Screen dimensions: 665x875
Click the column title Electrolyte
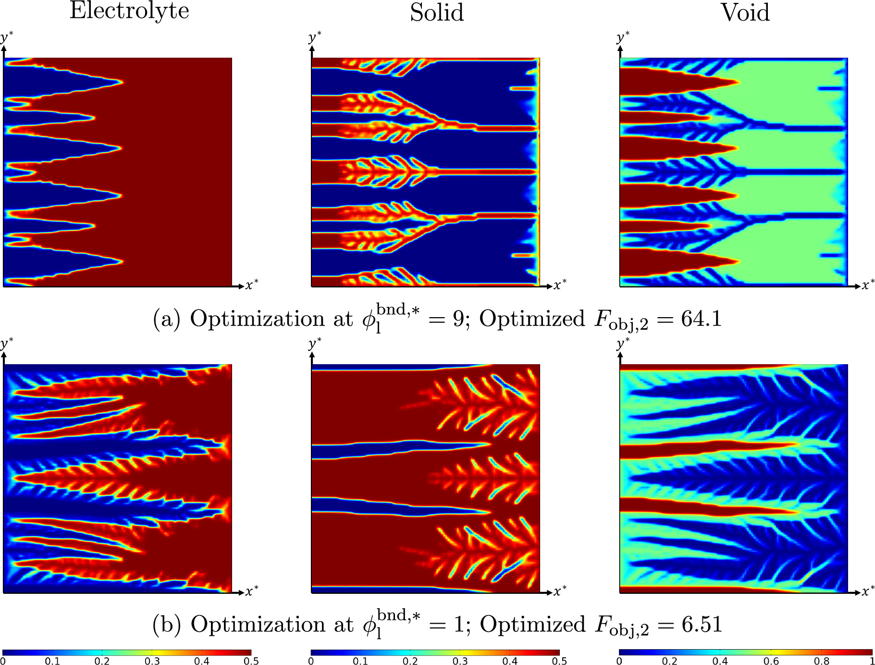click(x=129, y=11)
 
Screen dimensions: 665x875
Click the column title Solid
click(x=437, y=12)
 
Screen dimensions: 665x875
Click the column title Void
click(x=745, y=12)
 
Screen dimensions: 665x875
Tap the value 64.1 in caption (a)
click(x=701, y=319)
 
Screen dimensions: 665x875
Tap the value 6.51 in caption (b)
click(x=702, y=625)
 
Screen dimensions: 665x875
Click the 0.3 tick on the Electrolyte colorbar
click(x=152, y=661)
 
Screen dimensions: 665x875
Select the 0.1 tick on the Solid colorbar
click(x=360, y=661)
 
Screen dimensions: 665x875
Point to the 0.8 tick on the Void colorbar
click(x=822, y=661)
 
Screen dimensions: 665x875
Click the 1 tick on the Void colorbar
click(x=871, y=661)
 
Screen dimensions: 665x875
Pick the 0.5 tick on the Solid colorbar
click(x=559, y=661)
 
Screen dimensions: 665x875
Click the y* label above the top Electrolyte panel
click(x=7, y=37)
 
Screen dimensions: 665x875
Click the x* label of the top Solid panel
click(x=560, y=285)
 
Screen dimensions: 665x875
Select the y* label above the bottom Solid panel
click(x=315, y=343)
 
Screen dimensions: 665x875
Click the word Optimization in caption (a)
click(x=258, y=319)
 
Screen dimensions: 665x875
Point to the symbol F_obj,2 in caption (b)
click(x=622, y=626)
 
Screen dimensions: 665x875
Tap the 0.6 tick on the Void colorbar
click(x=771, y=661)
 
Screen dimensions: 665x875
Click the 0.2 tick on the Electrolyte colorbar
click(x=102, y=661)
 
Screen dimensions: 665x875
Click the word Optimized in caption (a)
click(x=532, y=319)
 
